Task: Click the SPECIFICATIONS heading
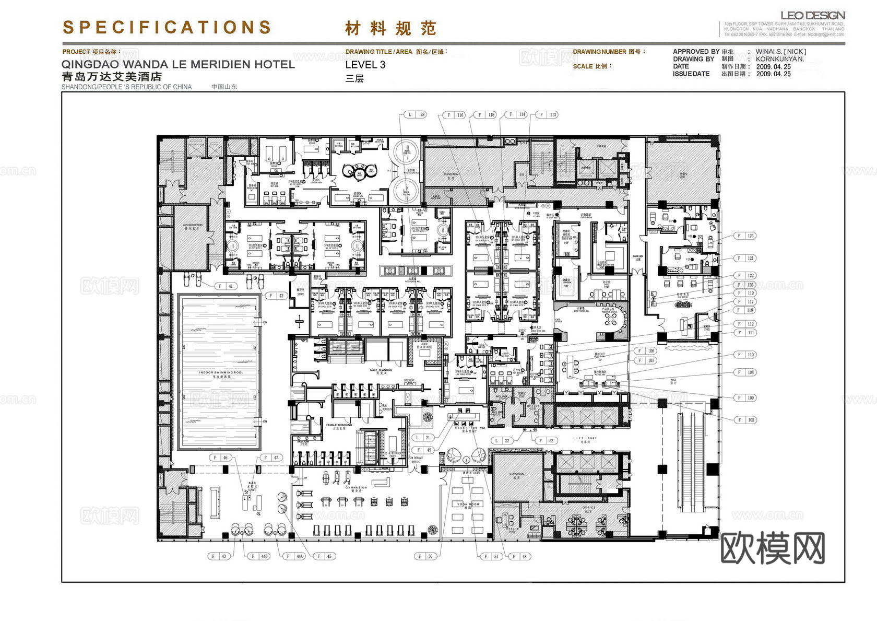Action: pyautogui.click(x=167, y=27)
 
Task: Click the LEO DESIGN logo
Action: pyautogui.click(x=812, y=15)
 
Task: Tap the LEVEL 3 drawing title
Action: pyautogui.click(x=365, y=65)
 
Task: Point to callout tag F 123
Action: pyautogui.click(x=745, y=236)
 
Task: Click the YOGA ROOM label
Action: pyautogui.click(x=468, y=504)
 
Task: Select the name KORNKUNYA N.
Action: pyautogui.click(x=780, y=59)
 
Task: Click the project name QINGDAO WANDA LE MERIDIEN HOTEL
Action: pyautogui.click(x=178, y=65)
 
